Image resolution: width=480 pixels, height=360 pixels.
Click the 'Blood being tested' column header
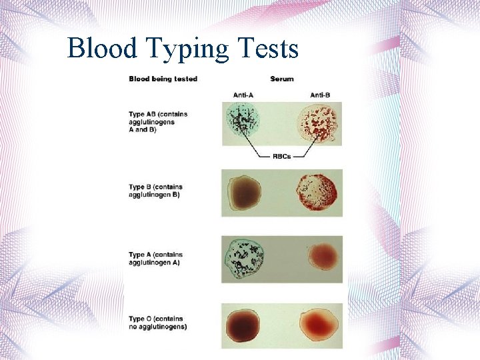point(163,79)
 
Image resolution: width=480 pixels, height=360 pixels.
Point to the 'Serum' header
point(282,79)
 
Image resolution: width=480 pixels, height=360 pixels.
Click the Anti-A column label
point(243,95)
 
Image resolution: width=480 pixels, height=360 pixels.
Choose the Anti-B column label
point(317,95)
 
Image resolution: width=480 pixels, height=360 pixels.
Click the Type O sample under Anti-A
point(245,325)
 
